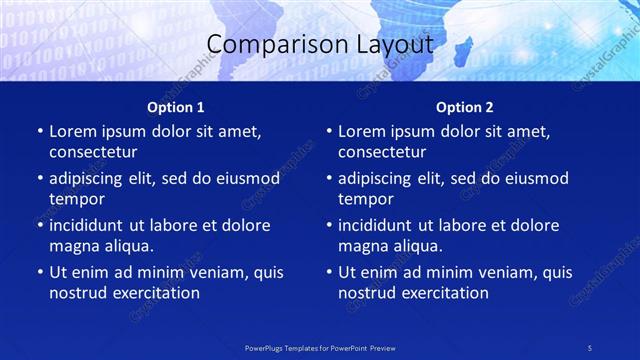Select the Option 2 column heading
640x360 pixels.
pyautogui.click(x=464, y=107)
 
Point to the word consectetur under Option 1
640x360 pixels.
pyautogui.click(x=93, y=152)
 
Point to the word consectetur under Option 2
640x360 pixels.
pyautogui.click(x=382, y=152)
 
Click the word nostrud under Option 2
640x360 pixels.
pyautogui.click(x=366, y=292)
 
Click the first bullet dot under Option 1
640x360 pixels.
pyautogui.click(x=39, y=132)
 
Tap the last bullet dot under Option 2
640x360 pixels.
pyautogui.click(x=328, y=273)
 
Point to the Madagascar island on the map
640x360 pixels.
pyautogui.click(x=462, y=48)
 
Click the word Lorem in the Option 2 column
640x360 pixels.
pyautogui.click(x=361, y=132)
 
